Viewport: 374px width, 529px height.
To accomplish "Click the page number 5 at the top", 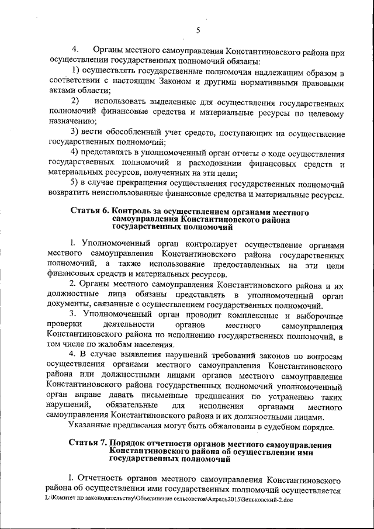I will pos(198,30).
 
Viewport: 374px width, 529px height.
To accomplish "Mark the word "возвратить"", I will pos(72,194).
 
